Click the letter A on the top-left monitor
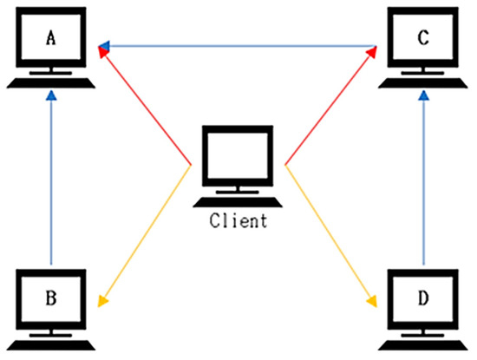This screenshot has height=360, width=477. [x=51, y=38]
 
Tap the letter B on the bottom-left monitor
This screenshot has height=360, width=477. [x=50, y=298]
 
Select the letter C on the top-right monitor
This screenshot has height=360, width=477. [x=421, y=38]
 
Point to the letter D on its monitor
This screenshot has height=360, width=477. [x=421, y=298]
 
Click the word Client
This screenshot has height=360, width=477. [x=238, y=220]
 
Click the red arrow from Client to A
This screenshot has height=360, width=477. [x=147, y=108]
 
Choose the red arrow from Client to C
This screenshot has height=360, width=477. [x=330, y=108]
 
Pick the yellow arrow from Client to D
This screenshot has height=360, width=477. [x=330, y=234]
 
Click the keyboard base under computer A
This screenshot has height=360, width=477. [x=51, y=83]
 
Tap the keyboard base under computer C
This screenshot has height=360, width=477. [x=421, y=83]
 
